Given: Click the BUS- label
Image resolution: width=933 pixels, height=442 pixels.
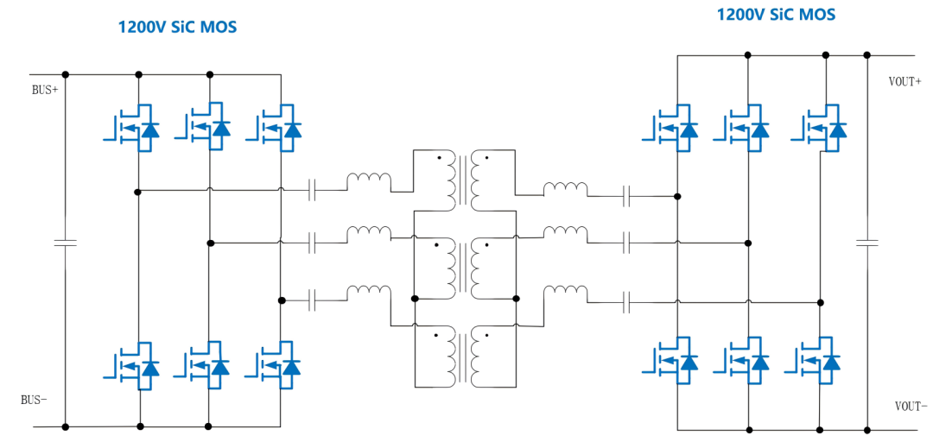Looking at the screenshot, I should click(34, 400).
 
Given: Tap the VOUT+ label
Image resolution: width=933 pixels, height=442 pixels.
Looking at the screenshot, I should click(906, 82).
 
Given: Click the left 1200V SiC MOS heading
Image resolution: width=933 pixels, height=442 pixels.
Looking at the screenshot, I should click(177, 27).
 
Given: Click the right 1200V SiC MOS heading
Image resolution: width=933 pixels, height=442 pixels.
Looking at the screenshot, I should click(776, 15).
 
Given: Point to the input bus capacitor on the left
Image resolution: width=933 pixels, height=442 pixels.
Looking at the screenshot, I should click(65, 243).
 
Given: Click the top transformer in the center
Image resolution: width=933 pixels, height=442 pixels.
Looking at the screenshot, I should click(464, 180).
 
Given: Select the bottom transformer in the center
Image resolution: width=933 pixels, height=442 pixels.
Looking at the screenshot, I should click(464, 355).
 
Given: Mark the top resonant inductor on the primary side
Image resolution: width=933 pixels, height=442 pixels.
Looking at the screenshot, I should click(369, 181).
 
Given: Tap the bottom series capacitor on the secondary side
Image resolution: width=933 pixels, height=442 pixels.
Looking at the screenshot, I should click(628, 301).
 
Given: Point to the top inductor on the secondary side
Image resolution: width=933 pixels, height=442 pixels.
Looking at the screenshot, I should click(565, 188).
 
